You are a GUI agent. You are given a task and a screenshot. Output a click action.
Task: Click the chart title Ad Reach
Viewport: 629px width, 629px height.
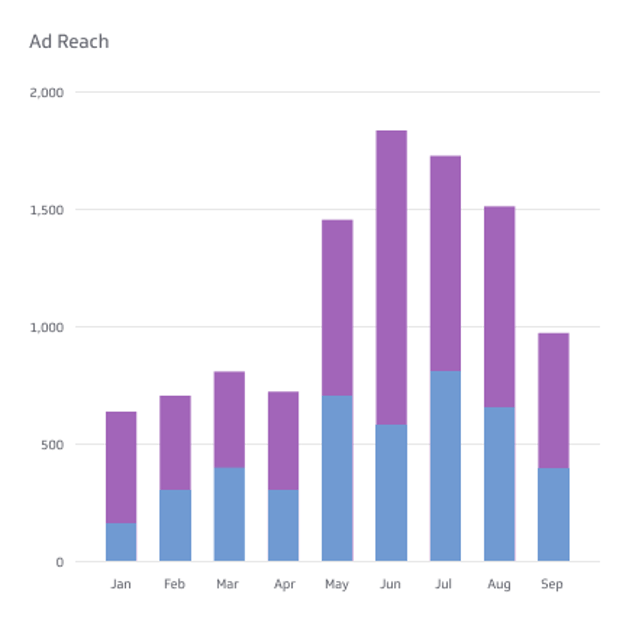tap(69, 42)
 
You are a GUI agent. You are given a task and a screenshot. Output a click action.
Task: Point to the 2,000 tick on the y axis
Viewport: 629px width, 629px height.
tap(47, 92)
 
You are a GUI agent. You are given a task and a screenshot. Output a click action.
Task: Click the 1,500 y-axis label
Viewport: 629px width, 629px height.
tap(47, 210)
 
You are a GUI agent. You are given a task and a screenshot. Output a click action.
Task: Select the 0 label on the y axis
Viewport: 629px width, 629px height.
tap(59, 562)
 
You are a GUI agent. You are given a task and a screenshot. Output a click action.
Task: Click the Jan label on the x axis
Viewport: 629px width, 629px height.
tap(121, 584)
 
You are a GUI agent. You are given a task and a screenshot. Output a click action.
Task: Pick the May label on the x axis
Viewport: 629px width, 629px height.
tap(337, 584)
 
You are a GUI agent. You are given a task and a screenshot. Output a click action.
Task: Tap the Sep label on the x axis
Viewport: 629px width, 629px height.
tap(552, 584)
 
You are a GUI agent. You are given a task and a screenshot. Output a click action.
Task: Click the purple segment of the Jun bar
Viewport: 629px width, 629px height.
tap(391, 277)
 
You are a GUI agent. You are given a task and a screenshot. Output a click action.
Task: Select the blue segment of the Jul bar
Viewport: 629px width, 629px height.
tap(446, 466)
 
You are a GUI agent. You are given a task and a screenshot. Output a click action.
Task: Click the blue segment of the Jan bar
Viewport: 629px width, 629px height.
tap(121, 542)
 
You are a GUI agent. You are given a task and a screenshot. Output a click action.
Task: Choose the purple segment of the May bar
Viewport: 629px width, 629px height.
tap(337, 308)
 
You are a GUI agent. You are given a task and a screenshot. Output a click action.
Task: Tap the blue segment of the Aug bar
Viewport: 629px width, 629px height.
tap(499, 484)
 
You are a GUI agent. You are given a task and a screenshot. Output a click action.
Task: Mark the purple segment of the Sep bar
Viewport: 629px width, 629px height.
tap(553, 401)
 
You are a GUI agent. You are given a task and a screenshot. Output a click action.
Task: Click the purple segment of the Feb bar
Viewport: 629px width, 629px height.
tap(175, 443)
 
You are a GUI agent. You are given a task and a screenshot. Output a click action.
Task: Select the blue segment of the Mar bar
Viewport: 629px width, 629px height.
tap(229, 514)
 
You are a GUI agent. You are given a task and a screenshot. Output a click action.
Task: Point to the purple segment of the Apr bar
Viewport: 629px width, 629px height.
tap(284, 440)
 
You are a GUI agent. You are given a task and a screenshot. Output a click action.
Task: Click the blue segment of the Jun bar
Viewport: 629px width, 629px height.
tap(391, 493)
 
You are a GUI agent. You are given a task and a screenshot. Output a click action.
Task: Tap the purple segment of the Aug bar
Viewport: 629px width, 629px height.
tap(499, 306)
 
